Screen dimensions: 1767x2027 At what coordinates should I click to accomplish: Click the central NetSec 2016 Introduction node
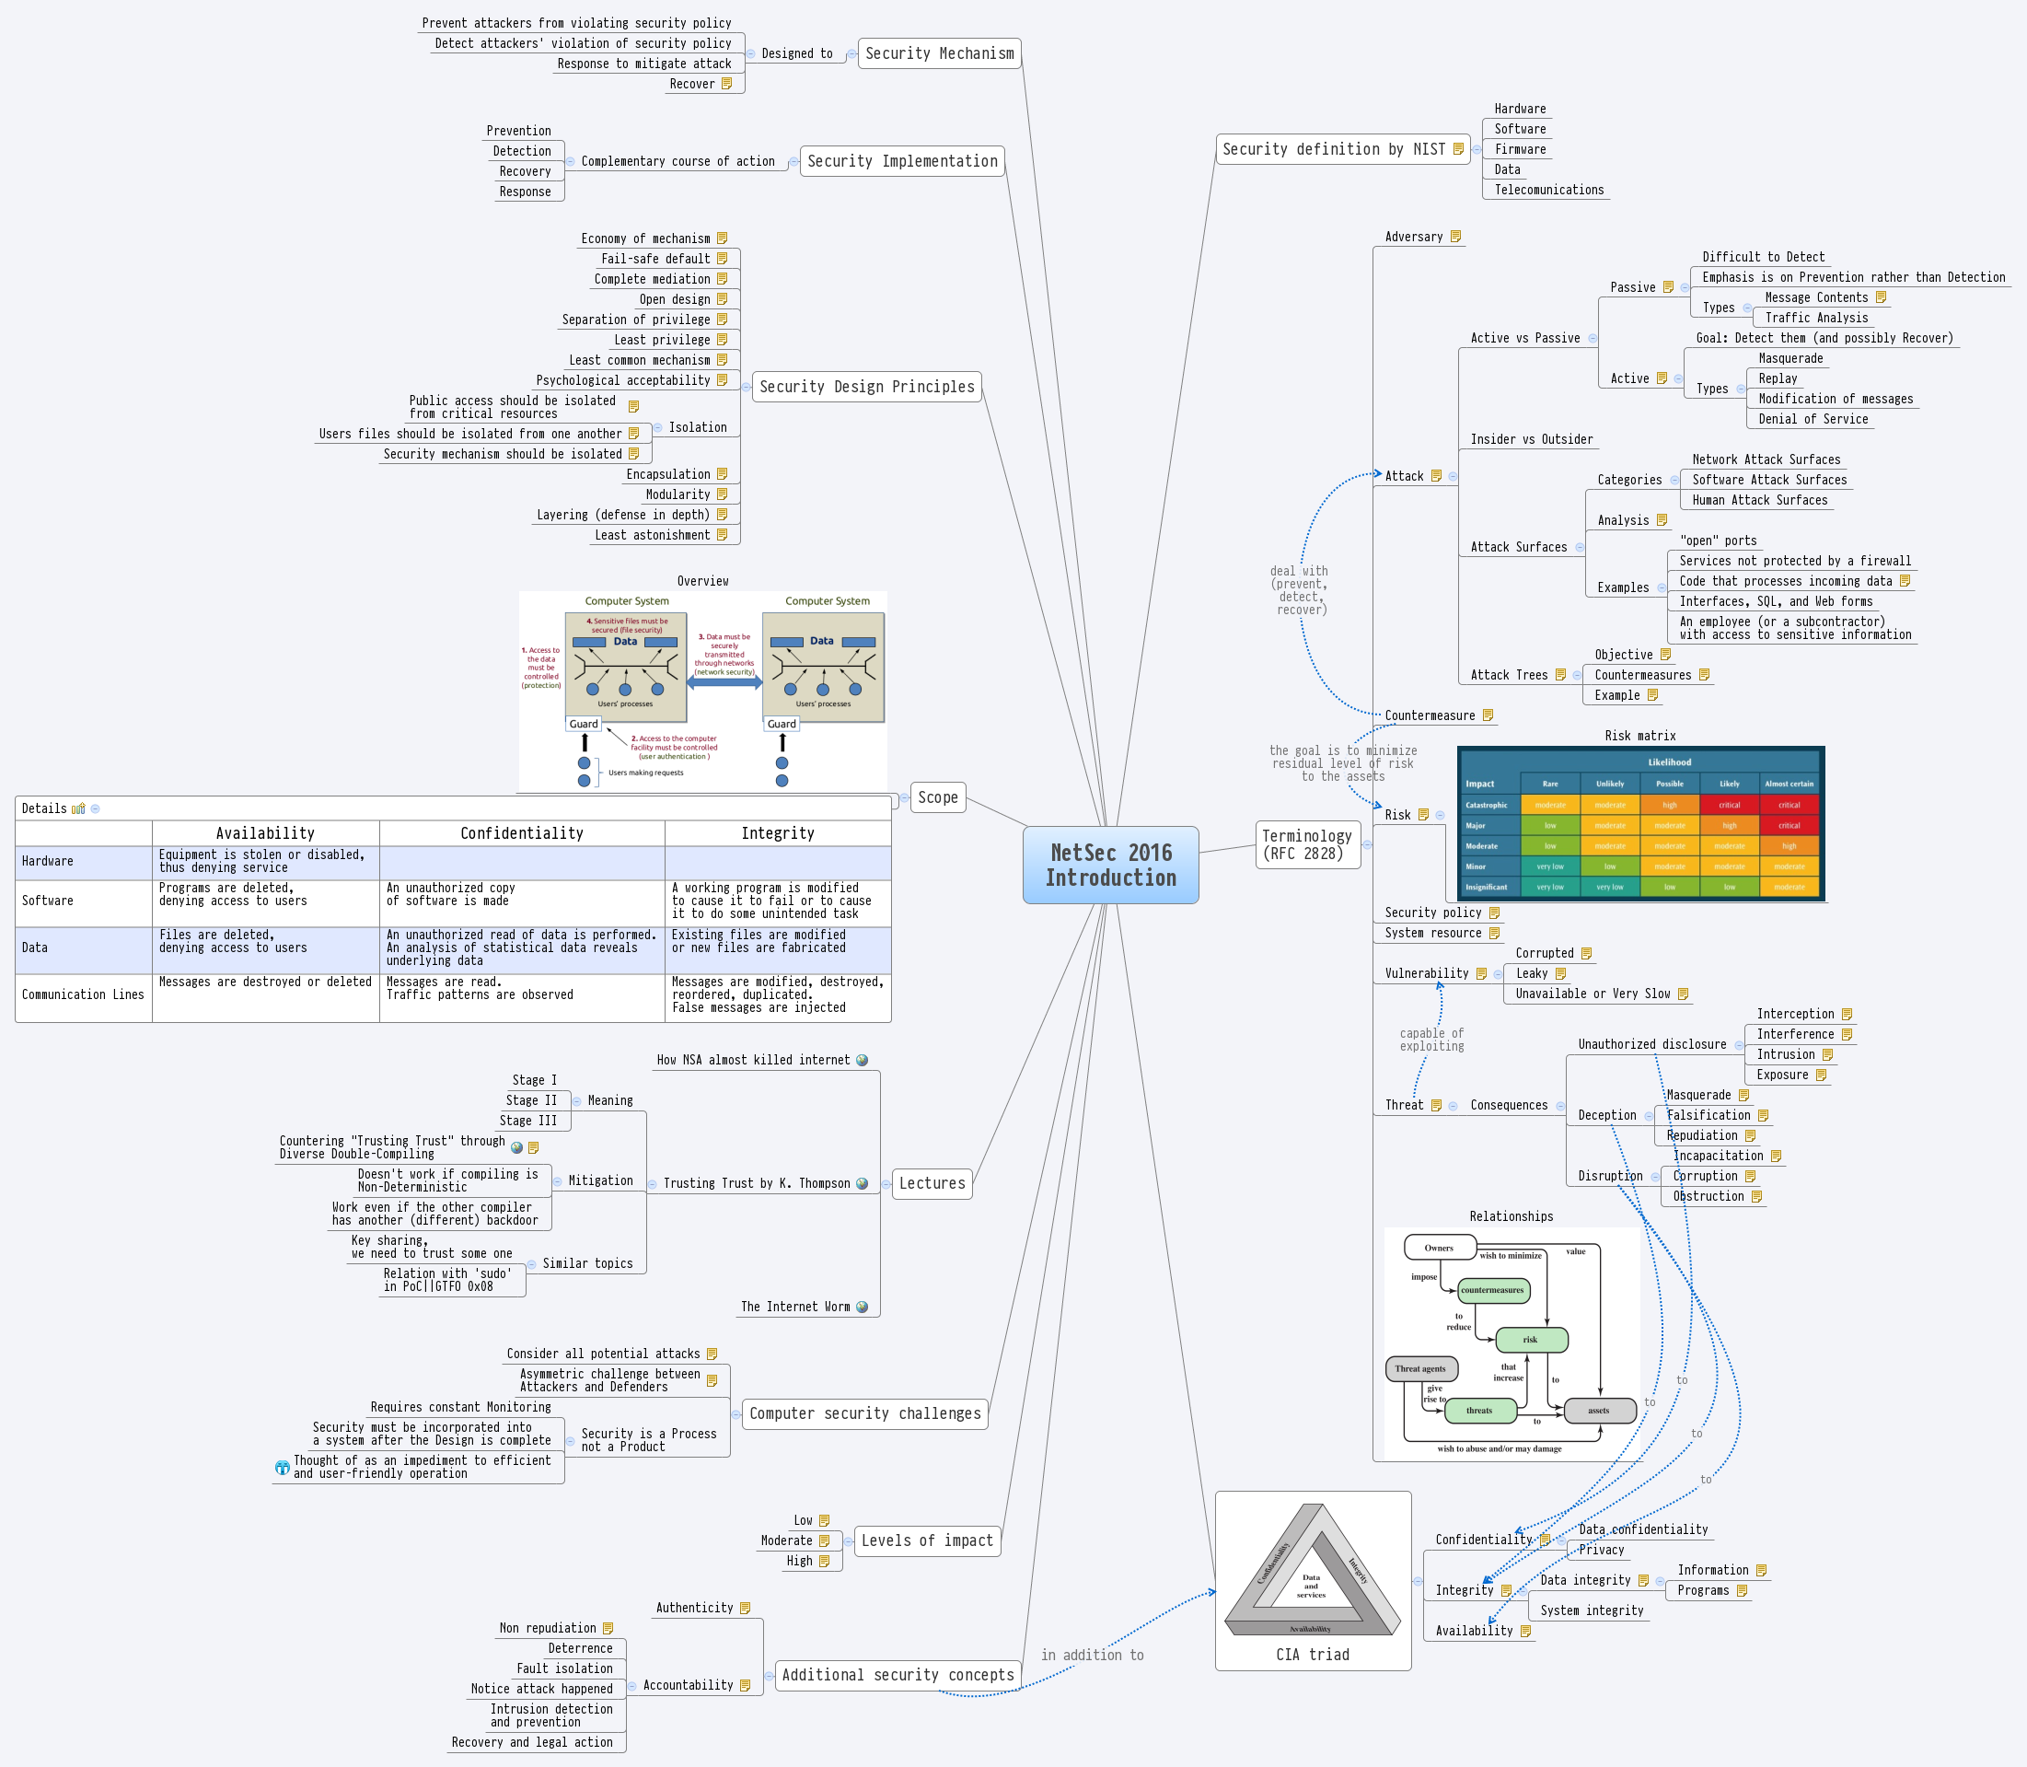coord(1110,865)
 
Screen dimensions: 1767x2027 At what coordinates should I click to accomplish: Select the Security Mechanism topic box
coord(939,53)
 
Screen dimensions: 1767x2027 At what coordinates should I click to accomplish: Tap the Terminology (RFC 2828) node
coord(1307,845)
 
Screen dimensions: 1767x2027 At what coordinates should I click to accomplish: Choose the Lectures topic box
coord(932,1183)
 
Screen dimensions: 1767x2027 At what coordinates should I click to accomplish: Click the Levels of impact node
coord(927,1540)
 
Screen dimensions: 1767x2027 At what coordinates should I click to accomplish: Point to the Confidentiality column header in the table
coord(522,833)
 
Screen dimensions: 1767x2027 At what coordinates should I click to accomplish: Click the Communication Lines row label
coord(83,995)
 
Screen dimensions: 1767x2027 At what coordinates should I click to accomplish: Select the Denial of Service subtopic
coord(1813,419)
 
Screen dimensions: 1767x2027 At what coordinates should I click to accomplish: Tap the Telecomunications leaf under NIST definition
coord(1549,191)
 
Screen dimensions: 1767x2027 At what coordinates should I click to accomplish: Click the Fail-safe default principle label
coord(654,260)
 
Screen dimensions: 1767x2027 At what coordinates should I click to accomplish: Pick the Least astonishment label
coord(652,535)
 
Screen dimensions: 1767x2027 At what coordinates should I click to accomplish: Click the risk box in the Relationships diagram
coord(1530,1339)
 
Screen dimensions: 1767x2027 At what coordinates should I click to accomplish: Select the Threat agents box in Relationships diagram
coord(1419,1368)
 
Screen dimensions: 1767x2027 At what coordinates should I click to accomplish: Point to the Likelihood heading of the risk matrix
coord(1669,762)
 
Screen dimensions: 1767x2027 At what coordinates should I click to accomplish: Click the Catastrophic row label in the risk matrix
coord(1486,805)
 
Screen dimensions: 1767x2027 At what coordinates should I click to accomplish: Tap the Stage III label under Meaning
coord(527,1122)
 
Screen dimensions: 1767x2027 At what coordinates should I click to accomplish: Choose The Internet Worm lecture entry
coord(794,1307)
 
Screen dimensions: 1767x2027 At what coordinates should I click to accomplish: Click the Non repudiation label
coord(547,1628)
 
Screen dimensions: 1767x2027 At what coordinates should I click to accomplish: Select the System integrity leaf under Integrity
coord(1592,1610)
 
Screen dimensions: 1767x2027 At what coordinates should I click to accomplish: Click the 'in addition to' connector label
coord(1092,1656)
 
